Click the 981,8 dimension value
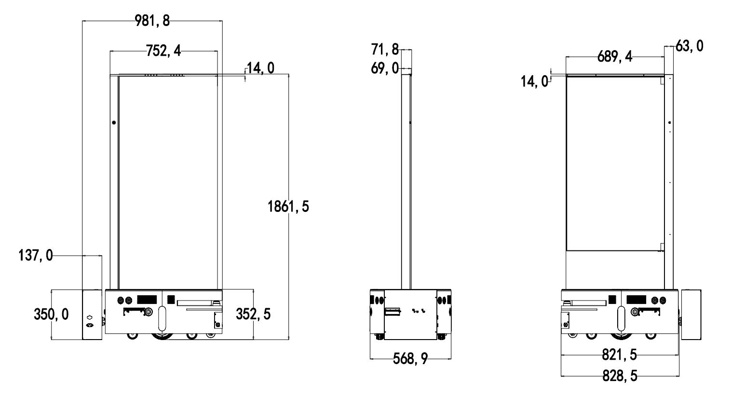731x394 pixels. click(152, 21)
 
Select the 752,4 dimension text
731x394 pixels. click(163, 51)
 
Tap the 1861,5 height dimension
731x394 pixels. click(288, 207)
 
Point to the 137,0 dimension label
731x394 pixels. click(36, 255)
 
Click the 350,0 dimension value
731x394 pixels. click(51, 315)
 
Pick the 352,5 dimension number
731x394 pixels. click(253, 314)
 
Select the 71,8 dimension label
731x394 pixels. click(385, 50)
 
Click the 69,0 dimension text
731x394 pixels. click(385, 68)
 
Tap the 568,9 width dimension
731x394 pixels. click(410, 359)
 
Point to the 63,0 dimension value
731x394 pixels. click(690, 46)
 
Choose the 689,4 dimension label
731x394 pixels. click(615, 57)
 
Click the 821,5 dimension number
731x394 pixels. click(620, 355)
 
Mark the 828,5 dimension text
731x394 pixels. click(620, 376)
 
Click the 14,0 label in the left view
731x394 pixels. click(260, 68)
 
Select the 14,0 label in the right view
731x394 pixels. click(535, 81)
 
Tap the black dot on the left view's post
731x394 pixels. click(114, 123)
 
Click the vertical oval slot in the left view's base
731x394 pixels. click(162, 319)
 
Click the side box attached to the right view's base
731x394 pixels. click(691, 315)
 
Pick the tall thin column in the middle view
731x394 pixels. click(406, 182)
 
